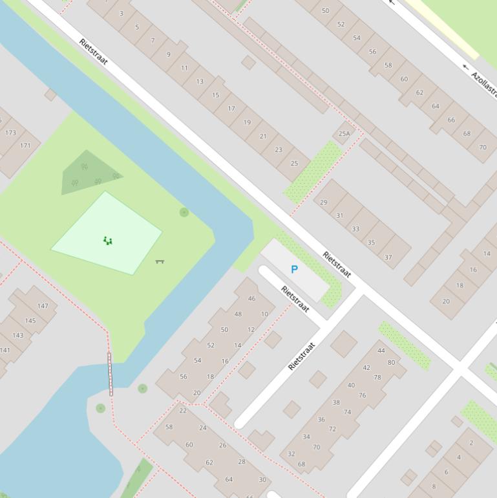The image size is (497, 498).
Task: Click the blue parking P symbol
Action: (295, 270)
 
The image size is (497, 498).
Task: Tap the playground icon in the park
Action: (108, 241)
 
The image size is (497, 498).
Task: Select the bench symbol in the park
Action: (160, 261)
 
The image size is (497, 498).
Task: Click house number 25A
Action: (344, 134)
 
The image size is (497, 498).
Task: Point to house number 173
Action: (10, 133)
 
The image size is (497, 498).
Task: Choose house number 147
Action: (43, 306)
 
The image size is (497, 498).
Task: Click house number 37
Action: (388, 257)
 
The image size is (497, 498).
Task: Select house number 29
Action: (324, 202)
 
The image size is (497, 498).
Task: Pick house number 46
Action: (251, 298)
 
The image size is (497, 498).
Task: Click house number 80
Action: (391, 362)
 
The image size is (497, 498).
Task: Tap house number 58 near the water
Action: (169, 427)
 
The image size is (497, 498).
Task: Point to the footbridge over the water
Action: (110, 374)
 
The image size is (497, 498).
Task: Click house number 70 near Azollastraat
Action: (482, 147)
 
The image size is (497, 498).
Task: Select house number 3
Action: (122, 13)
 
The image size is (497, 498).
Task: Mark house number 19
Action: (247, 122)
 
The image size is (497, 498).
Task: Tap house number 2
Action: (471, 443)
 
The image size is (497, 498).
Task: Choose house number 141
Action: (5, 351)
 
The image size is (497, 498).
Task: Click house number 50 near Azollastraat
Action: (325, 10)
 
